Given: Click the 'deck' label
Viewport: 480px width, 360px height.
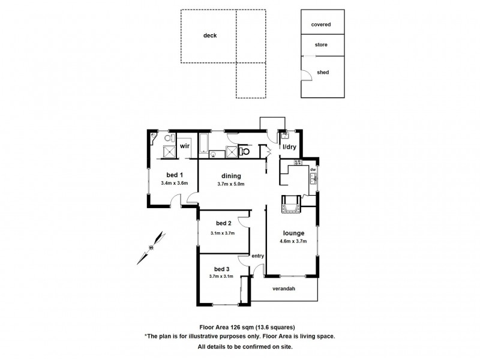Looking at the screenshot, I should (209, 35).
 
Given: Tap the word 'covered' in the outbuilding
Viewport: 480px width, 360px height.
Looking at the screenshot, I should (322, 25).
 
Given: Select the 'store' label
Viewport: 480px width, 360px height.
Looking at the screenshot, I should (322, 45).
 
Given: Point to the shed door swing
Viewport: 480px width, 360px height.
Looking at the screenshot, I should (306, 73).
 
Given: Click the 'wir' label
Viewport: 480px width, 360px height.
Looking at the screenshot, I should (185, 146).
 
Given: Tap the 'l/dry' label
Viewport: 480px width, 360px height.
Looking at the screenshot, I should (290, 147).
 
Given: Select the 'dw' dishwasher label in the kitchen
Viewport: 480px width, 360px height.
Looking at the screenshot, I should (313, 170).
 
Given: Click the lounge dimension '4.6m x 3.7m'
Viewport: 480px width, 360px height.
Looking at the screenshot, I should (294, 242).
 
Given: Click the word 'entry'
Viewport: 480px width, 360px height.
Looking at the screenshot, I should (258, 256).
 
